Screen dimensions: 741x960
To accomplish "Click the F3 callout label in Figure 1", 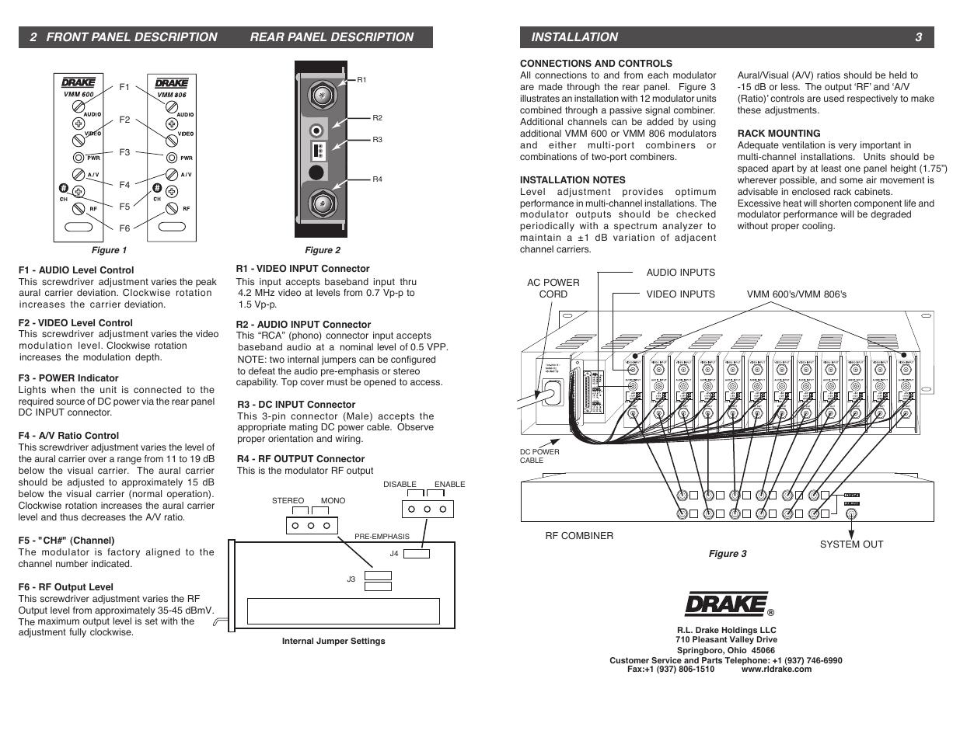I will tap(124, 153).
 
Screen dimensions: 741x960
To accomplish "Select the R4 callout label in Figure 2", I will tap(377, 179).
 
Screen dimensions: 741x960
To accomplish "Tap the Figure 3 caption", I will tap(727, 554).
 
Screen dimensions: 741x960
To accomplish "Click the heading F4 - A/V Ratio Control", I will tap(68, 436).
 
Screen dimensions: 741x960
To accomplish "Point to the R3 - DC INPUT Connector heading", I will tap(296, 405).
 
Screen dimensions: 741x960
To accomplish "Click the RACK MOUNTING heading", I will tap(779, 134).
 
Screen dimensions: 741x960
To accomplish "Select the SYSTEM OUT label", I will tap(851, 544).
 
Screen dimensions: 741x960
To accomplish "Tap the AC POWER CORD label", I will tap(553, 288).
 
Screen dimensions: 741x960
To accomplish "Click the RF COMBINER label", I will tap(579, 536).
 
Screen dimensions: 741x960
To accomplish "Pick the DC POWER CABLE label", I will tap(539, 456).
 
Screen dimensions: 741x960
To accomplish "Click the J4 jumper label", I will tap(394, 554).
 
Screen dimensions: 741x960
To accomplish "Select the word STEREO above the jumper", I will tap(288, 501).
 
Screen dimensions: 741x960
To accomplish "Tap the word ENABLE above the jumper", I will tap(449, 485).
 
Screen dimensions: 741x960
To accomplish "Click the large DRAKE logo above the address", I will tap(726, 604).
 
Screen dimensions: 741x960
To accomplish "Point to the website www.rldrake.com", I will tap(776, 669).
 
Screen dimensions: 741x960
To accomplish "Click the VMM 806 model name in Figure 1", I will tap(172, 95).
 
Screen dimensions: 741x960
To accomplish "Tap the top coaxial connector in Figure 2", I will tap(320, 96).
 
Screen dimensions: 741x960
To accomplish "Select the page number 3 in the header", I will tap(918, 37).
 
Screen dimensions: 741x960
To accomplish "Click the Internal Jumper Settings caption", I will tap(333, 642).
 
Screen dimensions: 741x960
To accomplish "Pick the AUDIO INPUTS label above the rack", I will tap(680, 273).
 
